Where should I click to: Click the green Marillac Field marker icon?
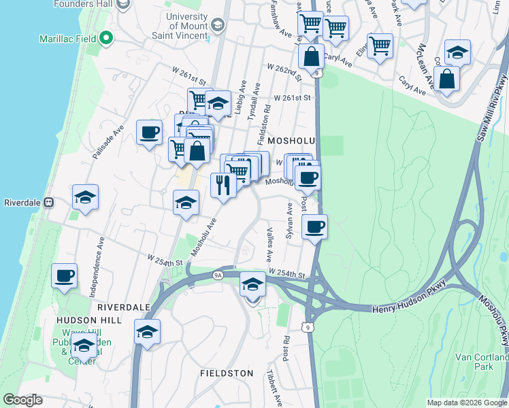pyautogui.click(x=106, y=39)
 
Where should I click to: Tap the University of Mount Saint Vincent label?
pyautogui.click(x=182, y=27)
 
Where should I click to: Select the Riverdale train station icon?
pyautogui.click(x=48, y=203)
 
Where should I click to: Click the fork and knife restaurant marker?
pyautogui.click(x=223, y=185)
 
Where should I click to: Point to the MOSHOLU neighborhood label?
pyautogui.click(x=292, y=139)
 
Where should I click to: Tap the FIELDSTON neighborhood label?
pyautogui.click(x=227, y=373)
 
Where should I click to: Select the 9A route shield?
pyautogui.click(x=218, y=275)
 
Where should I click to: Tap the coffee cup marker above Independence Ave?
pyautogui.click(x=65, y=275)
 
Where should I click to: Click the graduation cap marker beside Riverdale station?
pyautogui.click(x=86, y=197)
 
